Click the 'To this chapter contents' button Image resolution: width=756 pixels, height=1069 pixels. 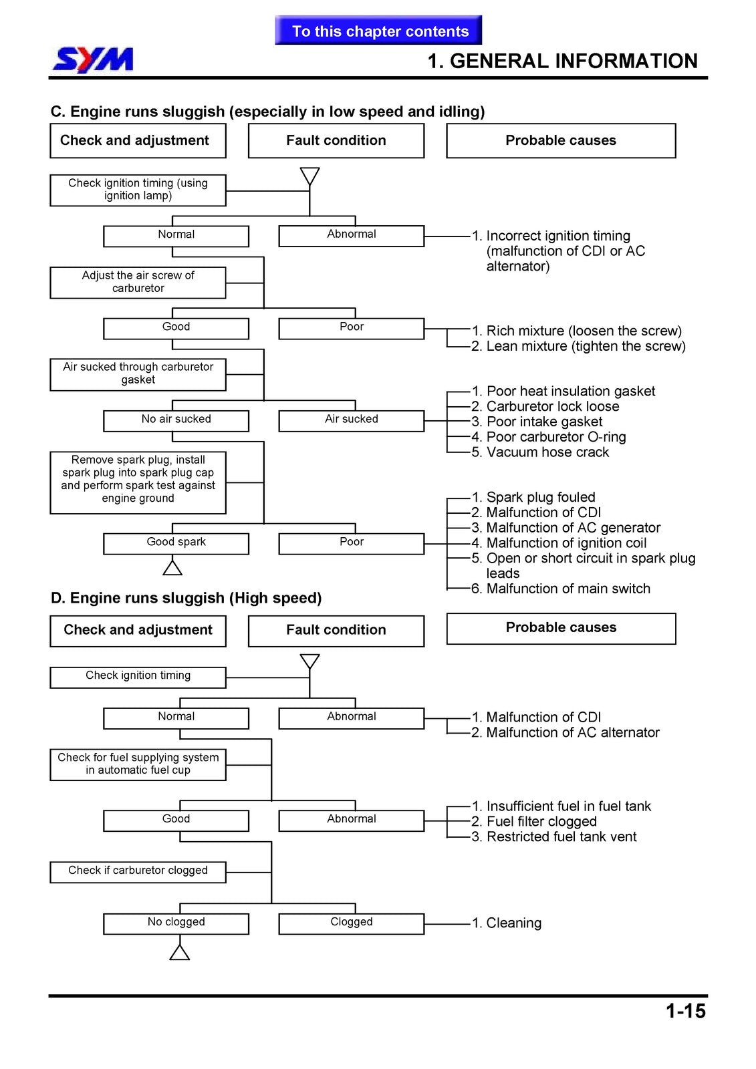pos(378,30)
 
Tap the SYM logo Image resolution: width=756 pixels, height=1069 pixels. pos(93,60)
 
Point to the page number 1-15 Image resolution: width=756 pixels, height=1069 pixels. pos(685,1011)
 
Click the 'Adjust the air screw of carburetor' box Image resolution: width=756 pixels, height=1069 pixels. pos(138,283)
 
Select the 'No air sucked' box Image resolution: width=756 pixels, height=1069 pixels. pos(176,421)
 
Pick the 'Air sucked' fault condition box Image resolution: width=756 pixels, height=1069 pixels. pos(352,421)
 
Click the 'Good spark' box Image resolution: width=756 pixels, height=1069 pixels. pos(176,544)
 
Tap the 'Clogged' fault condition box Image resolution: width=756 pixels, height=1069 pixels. pos(352,923)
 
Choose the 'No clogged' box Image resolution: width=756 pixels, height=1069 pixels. pos(176,923)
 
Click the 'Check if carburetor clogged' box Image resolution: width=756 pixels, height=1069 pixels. pos(138,872)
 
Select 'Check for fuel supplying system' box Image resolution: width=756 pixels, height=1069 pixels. pos(138,764)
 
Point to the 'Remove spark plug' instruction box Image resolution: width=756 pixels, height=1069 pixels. pos(138,482)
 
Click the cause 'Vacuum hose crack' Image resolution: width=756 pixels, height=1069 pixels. pos(540,452)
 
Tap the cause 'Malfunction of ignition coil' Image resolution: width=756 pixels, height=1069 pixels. pos(559,543)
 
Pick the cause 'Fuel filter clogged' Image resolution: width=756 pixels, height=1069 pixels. pos(534,821)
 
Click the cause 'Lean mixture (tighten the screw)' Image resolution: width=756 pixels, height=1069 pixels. pos(578,345)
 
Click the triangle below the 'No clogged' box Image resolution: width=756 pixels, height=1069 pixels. pos(180,952)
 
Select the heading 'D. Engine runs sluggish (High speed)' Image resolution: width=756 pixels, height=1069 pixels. pos(186,597)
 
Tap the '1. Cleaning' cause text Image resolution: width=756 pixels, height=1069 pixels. pos(507,923)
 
